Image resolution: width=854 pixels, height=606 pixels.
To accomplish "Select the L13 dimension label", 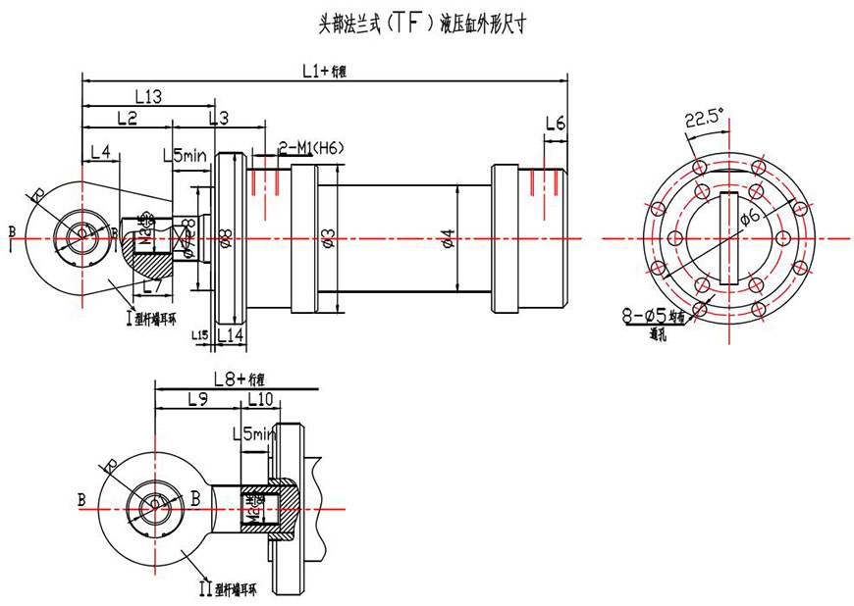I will (146, 96).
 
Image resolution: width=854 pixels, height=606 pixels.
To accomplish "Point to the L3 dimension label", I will (218, 118).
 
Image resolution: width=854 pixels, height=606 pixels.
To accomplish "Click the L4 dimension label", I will (100, 152).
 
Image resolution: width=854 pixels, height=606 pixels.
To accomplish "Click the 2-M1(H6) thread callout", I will (310, 147).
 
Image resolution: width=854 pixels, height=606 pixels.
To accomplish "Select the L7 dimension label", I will (151, 286).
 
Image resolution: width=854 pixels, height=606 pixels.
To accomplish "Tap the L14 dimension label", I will (230, 335).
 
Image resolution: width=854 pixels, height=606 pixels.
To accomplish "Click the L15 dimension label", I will (199, 335).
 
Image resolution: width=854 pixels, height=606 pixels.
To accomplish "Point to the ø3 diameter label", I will (330, 238).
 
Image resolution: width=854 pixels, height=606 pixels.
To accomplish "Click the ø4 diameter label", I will (448, 238).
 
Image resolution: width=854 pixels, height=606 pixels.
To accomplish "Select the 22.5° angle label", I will (703, 119).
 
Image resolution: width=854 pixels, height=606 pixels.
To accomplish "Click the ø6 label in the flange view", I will (749, 217).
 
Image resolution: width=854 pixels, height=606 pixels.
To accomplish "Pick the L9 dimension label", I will (196, 399).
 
